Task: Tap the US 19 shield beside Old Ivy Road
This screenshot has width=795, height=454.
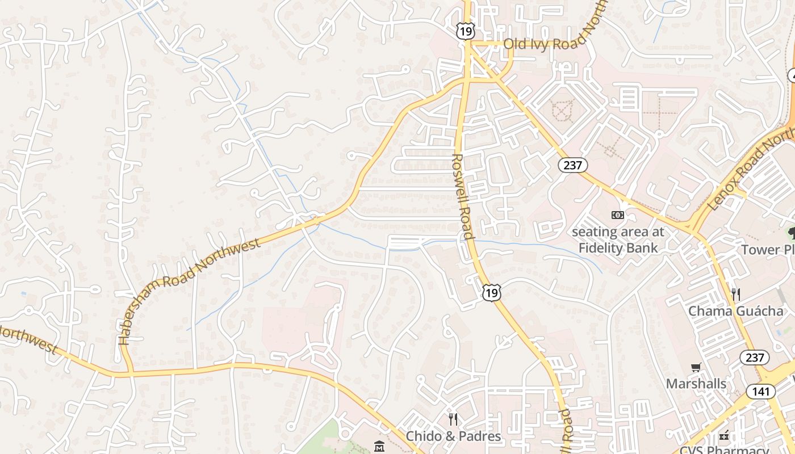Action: (465, 31)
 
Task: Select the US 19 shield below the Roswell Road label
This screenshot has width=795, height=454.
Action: (492, 293)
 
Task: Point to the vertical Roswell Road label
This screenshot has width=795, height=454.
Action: (463, 196)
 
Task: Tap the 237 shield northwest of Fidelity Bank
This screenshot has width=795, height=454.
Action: (572, 165)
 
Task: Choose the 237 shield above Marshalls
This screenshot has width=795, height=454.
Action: (755, 358)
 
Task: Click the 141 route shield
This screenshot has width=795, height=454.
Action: (761, 391)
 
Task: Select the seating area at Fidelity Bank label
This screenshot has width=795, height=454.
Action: (618, 240)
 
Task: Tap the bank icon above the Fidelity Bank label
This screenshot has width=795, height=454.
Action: (617, 215)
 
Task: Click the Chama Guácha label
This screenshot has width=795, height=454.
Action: (735, 311)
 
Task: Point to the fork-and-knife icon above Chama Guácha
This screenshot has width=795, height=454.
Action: (736, 294)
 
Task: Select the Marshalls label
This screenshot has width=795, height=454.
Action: (696, 384)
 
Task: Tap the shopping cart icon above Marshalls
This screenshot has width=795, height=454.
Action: (696, 367)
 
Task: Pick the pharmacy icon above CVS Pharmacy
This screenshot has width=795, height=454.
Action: (723, 436)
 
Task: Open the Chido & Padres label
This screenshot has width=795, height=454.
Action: (453, 436)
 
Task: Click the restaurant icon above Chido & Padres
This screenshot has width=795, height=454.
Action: (453, 419)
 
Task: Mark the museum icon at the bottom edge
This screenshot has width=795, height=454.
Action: (379, 447)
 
